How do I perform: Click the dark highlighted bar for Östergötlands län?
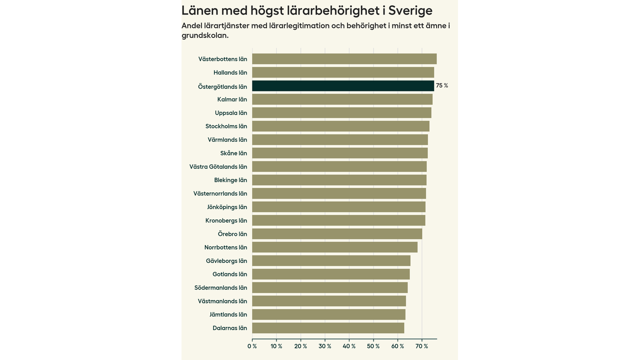coord(343,85)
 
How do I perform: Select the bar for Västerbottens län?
coord(344,59)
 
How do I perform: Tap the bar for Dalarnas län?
coord(328,328)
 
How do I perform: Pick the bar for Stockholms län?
coord(340,126)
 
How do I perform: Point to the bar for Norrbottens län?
coord(334,247)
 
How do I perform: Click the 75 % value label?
coord(442,85)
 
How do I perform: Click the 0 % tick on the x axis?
coord(252,346)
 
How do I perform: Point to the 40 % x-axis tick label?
coord(349,346)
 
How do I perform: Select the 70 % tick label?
coord(422,346)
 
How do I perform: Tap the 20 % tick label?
coord(301,346)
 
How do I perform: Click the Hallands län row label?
coord(230,72)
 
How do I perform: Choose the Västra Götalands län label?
coord(218,166)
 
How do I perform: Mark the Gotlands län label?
coord(229,274)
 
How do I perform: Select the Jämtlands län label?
coord(228,314)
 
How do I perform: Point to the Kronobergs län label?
coord(226,220)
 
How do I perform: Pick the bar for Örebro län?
coord(337,233)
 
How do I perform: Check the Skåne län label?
coord(233,153)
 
